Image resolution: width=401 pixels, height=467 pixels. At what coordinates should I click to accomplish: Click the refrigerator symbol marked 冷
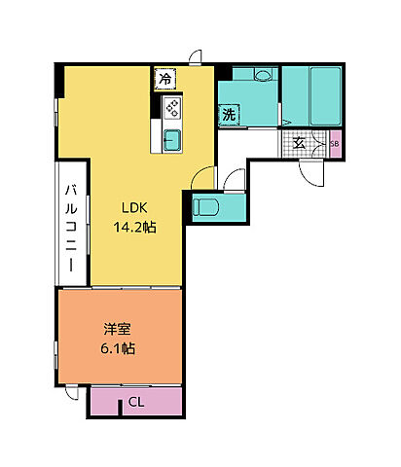pyautogui.click(x=165, y=79)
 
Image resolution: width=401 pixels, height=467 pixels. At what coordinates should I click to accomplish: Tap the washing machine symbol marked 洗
pyautogui.click(x=229, y=115)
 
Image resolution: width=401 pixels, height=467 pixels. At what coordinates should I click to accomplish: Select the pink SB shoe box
pyautogui.click(x=335, y=144)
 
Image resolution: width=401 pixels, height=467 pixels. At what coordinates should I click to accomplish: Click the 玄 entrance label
pyautogui.click(x=299, y=143)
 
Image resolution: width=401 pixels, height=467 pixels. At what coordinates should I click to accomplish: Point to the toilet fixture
pyautogui.click(x=205, y=207)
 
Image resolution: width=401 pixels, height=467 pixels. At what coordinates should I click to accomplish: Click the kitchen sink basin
pyautogui.click(x=172, y=140)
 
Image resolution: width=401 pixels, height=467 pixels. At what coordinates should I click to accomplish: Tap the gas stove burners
pyautogui.click(x=172, y=108)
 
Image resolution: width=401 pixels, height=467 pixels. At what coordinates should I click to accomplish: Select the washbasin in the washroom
pyautogui.click(x=263, y=75)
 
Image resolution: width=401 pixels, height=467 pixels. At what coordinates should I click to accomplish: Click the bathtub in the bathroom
pyautogui.click(x=325, y=96)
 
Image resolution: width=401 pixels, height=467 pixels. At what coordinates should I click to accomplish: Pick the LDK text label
pyautogui.click(x=134, y=207)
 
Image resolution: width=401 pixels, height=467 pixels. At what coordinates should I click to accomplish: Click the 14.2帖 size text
pyautogui.click(x=134, y=227)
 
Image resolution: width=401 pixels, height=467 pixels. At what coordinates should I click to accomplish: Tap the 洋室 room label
pyautogui.click(x=118, y=329)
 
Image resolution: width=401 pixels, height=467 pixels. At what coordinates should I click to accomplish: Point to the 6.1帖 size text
pyautogui.click(x=118, y=348)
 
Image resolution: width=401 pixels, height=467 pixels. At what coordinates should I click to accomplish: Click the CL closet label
pyautogui.click(x=136, y=402)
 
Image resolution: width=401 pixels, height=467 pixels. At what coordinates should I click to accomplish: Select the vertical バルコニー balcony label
pyautogui.click(x=71, y=227)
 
